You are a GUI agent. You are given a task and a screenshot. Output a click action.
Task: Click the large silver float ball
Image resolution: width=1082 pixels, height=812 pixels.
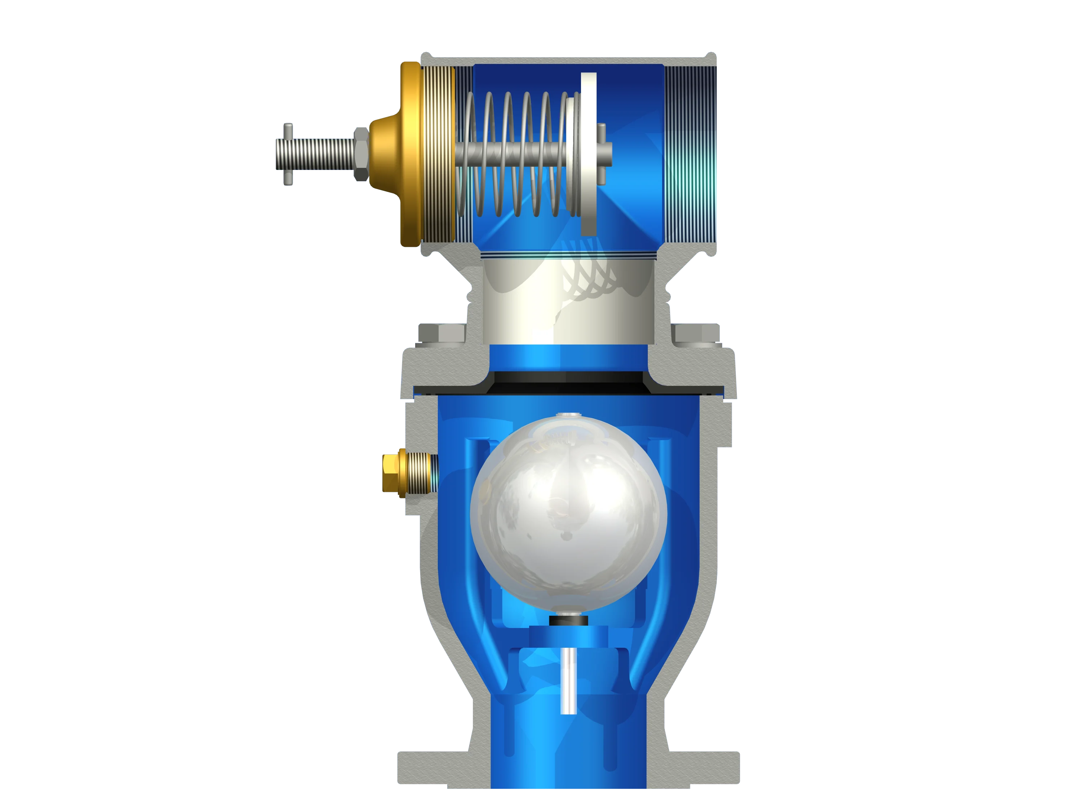(x=568, y=514)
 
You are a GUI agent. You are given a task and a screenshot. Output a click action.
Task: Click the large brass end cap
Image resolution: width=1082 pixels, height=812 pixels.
(x=411, y=154)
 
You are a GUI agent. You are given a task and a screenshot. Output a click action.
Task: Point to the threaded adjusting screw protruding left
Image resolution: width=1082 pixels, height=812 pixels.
(x=316, y=154)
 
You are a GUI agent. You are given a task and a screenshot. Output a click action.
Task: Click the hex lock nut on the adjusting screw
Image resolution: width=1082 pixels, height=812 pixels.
(x=361, y=154)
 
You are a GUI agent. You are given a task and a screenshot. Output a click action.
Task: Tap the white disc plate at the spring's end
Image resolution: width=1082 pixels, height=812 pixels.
(x=589, y=154)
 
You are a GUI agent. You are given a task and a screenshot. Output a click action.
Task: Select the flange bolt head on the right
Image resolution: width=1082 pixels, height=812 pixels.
(x=695, y=333)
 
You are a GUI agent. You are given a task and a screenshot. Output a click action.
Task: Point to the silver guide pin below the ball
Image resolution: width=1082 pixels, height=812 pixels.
(x=568, y=680)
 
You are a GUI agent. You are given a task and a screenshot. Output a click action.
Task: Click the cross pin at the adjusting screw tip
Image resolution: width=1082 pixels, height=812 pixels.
(x=289, y=154)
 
